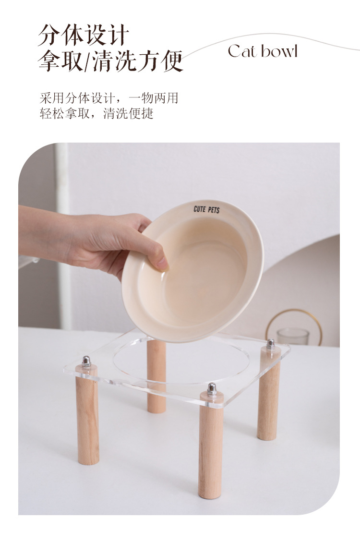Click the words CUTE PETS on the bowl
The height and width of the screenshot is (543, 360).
tap(207, 209)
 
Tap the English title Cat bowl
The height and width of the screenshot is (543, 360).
tap(263, 51)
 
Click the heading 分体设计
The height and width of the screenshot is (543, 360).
tap(84, 36)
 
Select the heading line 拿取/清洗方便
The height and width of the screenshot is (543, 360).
tap(110, 61)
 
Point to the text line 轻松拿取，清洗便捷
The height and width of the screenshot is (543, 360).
tap(96, 114)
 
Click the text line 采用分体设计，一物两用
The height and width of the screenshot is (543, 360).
tap(108, 98)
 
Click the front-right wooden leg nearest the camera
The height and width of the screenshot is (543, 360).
tap(210, 446)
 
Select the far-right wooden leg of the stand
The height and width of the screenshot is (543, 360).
tap(269, 395)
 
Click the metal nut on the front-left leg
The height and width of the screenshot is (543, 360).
tap(86, 362)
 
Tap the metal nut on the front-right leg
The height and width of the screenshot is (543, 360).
tap(212, 389)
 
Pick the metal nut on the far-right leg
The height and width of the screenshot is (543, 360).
tap(270, 344)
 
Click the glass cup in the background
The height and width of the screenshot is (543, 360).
tap(293, 336)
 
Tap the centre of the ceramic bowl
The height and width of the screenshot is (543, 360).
tap(192, 270)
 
